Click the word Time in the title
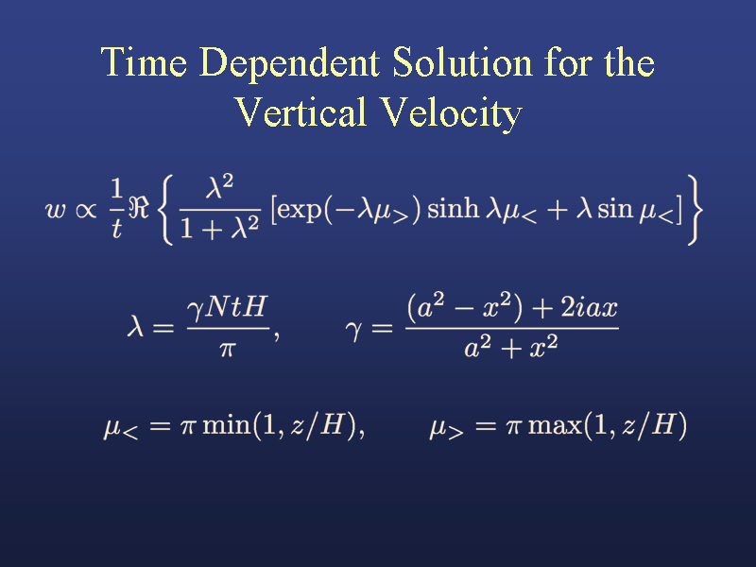144,61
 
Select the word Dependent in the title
290,64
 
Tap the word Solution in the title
462,61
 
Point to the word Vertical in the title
301,112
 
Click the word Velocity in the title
452,113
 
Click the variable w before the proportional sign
56,210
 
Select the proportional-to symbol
86,210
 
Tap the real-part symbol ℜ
139,207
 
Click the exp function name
299,210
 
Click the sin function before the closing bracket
615,208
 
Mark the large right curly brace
695,210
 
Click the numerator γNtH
227,307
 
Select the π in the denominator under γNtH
227,349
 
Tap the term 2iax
589,307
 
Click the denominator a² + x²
511,347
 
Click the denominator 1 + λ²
220,228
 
